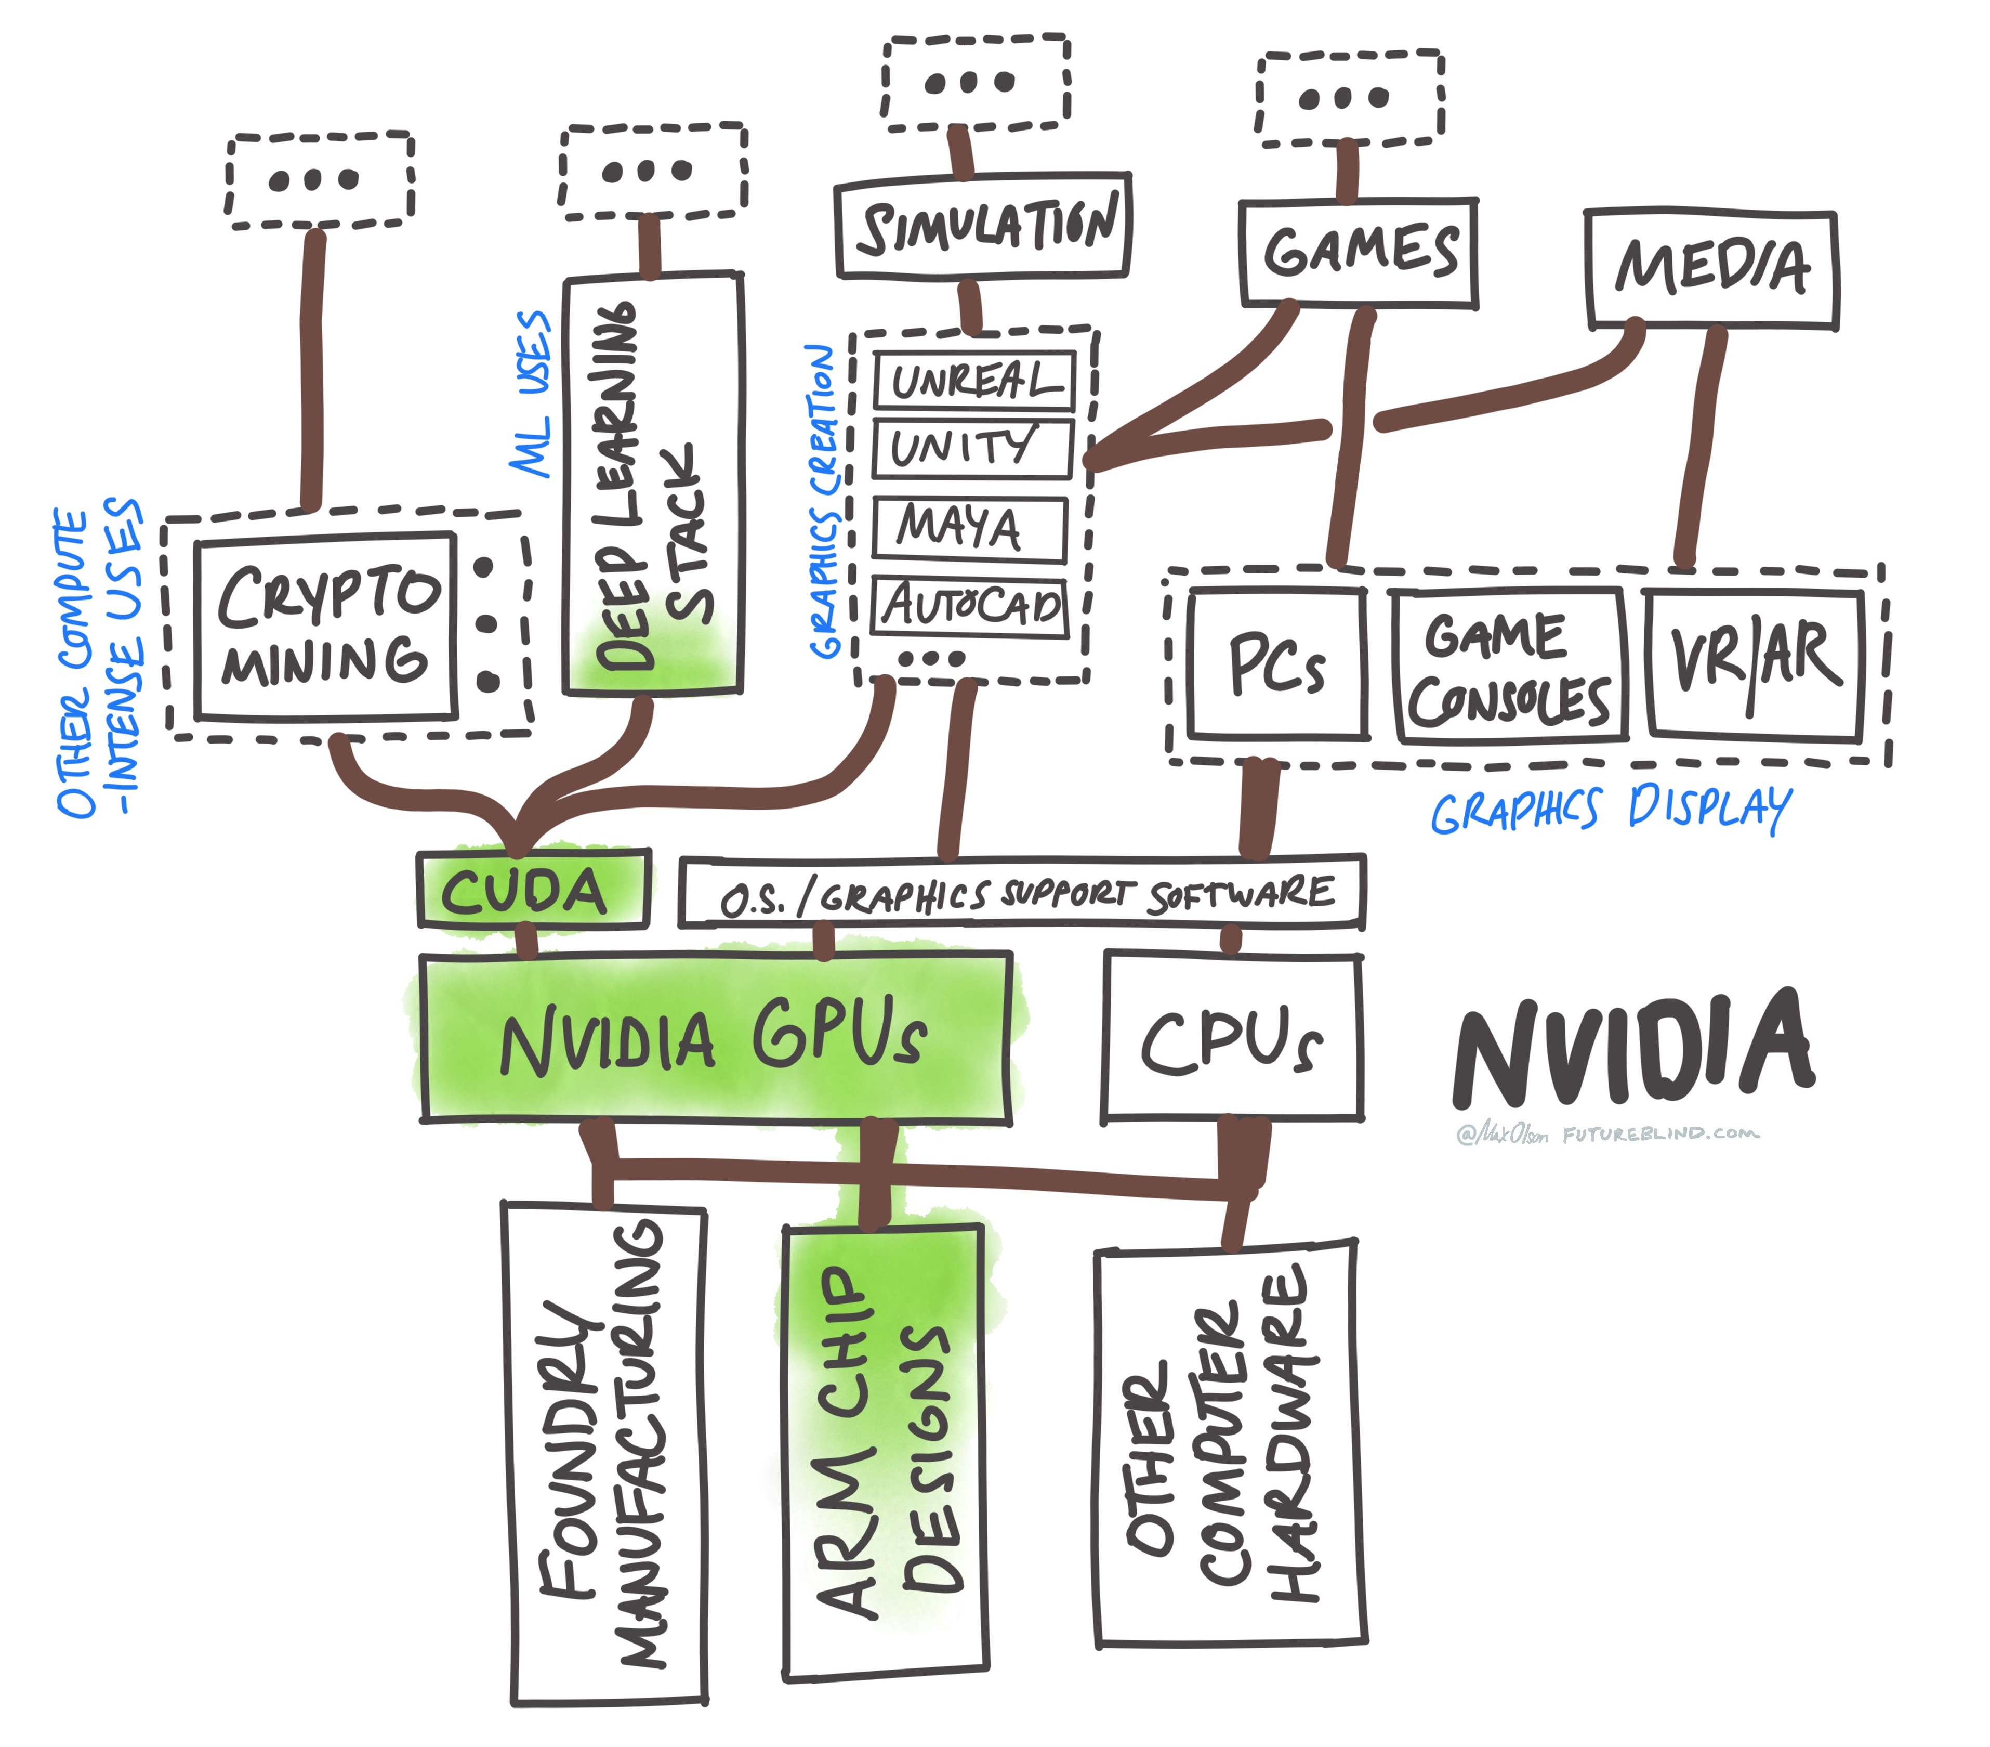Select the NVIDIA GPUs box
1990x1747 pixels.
tap(715, 1039)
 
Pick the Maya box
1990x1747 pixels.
tap(969, 529)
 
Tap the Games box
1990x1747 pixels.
tap(1359, 252)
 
